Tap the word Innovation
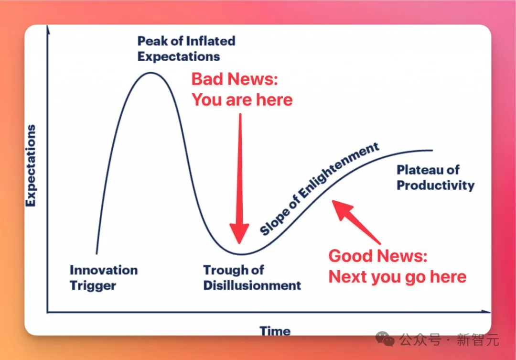pyautogui.click(x=104, y=270)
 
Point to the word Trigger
pyautogui.click(x=93, y=285)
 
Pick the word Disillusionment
pyautogui.click(x=252, y=285)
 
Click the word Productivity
pyautogui.click(x=436, y=185)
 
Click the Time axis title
pyautogui.click(x=275, y=331)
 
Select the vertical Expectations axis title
pyautogui.click(x=31, y=166)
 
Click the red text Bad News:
pyautogui.click(x=235, y=79)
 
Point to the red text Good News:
pyautogui.click(x=378, y=256)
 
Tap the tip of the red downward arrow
pyautogui.click(x=239, y=244)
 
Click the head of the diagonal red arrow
pyautogui.click(x=333, y=201)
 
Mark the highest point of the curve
pyautogui.click(x=150, y=73)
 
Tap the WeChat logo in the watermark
pyautogui.click(x=385, y=339)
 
